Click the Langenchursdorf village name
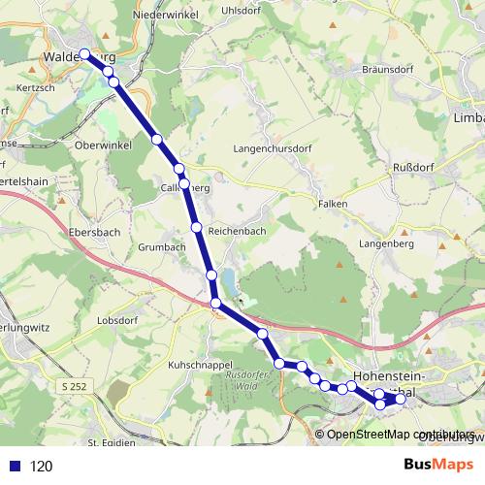click(276, 149)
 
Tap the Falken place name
click(333, 205)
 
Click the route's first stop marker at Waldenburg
click(84, 54)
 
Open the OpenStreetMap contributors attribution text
click(400, 435)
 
